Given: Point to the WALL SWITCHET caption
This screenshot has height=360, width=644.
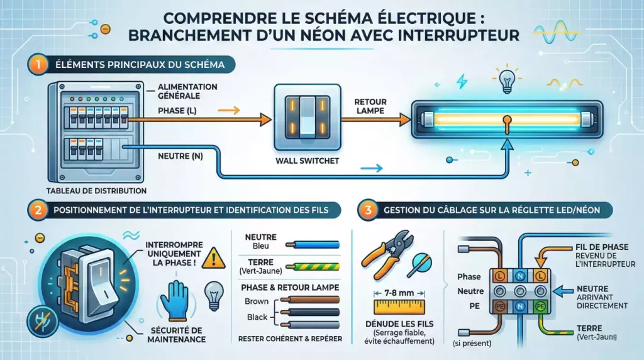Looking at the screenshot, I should tap(307, 161).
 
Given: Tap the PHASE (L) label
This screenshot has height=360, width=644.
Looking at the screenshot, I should tap(177, 111).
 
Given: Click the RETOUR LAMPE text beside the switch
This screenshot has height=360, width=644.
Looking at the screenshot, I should tap(370, 106).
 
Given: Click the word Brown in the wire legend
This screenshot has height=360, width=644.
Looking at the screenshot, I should tap(257, 301).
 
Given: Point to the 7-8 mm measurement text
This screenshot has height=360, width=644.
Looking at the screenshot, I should tap(396, 293).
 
